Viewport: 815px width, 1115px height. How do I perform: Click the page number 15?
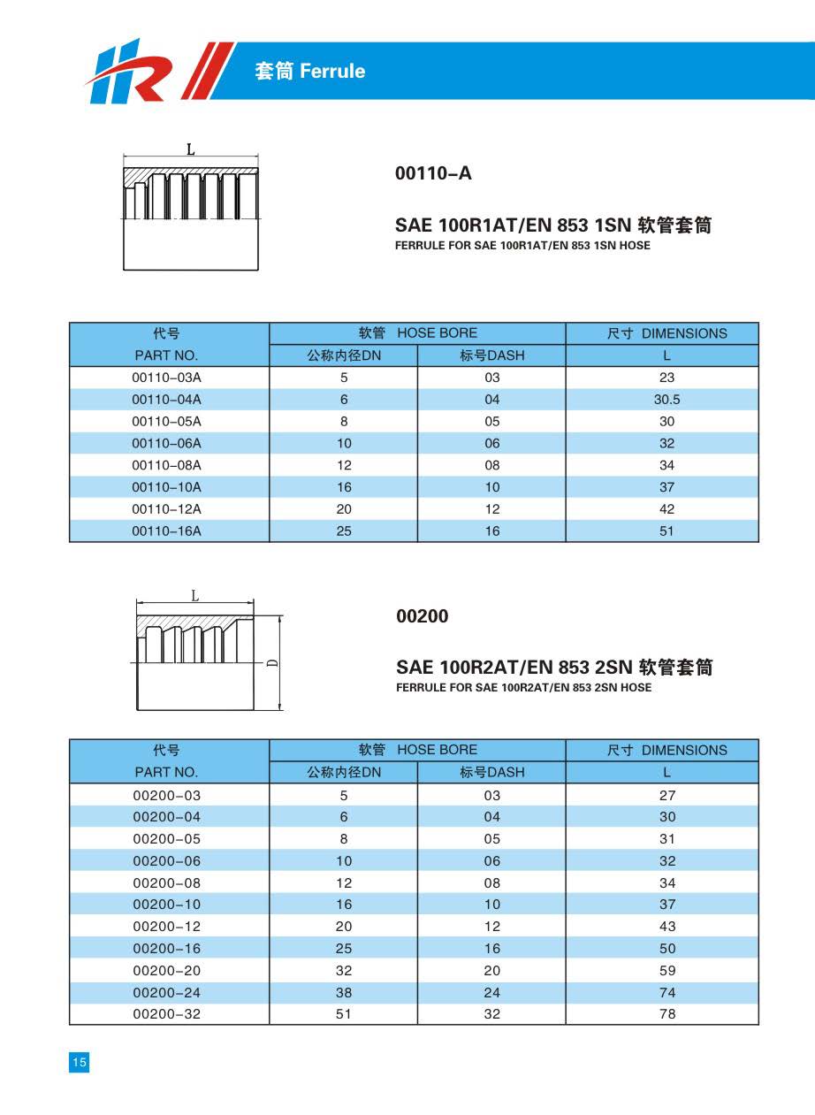click(80, 1062)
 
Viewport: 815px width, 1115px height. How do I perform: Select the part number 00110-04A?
click(167, 400)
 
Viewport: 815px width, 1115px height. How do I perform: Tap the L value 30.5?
click(666, 400)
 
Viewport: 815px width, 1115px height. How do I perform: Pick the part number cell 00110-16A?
click(167, 531)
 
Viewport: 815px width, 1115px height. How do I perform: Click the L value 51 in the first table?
click(666, 531)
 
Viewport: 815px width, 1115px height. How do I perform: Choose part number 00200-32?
click(167, 1014)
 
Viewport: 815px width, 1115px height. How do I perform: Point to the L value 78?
click(667, 1014)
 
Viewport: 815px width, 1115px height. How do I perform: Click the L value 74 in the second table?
click(667, 992)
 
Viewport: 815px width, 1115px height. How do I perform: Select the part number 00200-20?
click(167, 970)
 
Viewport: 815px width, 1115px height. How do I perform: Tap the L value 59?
click(667, 970)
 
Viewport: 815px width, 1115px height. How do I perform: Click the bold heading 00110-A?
click(433, 173)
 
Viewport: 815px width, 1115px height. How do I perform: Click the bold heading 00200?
click(422, 616)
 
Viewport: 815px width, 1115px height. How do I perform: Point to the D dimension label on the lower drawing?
click(272, 662)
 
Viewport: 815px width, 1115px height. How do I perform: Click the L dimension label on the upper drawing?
click(190, 150)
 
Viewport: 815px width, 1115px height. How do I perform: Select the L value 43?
click(667, 926)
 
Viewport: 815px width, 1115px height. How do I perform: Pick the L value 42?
click(666, 508)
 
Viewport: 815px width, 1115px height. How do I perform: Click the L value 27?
click(667, 795)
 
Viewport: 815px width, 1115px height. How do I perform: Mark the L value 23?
click(666, 378)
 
